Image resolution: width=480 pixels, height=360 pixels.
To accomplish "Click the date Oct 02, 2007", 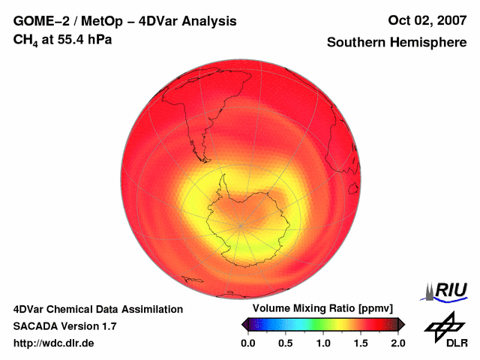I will pyautogui.click(x=423, y=21).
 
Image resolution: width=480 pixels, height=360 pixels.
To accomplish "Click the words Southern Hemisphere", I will pyautogui.click(x=396, y=43).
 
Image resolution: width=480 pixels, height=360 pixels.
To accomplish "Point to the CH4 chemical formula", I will pyautogui.click(x=25, y=40).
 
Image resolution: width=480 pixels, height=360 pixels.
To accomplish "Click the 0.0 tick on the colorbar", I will pyautogui.click(x=247, y=343).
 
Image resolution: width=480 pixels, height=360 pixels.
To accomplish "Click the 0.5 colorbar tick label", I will pyautogui.click(x=286, y=343).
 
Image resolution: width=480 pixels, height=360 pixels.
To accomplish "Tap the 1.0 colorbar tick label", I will pyautogui.click(x=323, y=343).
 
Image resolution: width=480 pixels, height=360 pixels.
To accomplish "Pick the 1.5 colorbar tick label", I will pyautogui.click(x=361, y=343).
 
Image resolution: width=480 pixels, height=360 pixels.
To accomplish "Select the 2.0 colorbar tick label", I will pyautogui.click(x=397, y=343).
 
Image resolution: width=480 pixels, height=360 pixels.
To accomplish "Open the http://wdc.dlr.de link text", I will pyautogui.click(x=54, y=343).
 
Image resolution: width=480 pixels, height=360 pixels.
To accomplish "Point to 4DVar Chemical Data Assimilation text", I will pyautogui.click(x=98, y=309).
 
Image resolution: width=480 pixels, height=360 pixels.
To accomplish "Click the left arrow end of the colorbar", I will pyautogui.click(x=244, y=324).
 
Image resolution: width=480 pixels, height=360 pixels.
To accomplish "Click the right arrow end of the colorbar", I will pyautogui.click(x=401, y=324).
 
